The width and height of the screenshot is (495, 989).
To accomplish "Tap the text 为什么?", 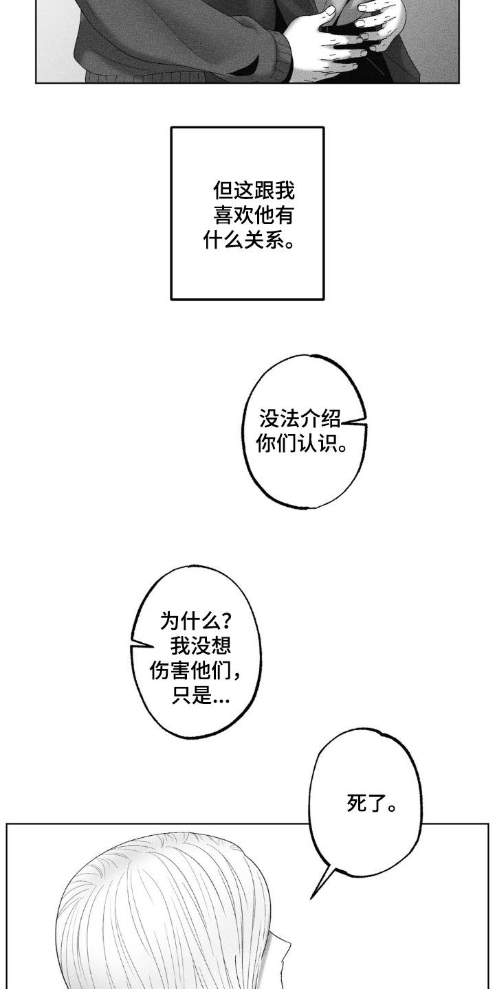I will tap(196, 622).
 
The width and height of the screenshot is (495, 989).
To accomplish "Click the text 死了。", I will tap(372, 803).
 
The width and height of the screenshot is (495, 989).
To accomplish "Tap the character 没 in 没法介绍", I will tap(269, 418).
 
